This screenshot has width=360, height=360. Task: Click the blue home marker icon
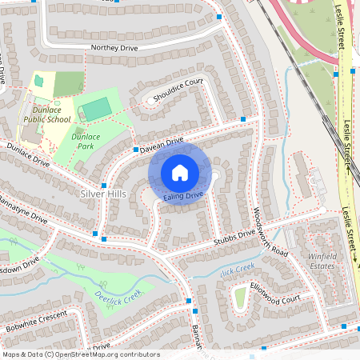[x=180, y=172]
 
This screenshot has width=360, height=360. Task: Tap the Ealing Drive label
[x=184, y=195]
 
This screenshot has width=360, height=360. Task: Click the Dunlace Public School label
[x=47, y=114]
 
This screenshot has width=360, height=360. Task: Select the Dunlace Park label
[x=86, y=142]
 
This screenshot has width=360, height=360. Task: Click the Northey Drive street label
[x=114, y=48]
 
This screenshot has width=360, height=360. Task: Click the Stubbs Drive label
[x=234, y=237]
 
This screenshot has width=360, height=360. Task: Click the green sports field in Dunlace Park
[x=96, y=108]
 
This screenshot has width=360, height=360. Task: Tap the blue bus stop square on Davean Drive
[x=136, y=149]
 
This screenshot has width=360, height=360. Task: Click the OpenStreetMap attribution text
[x=80, y=354]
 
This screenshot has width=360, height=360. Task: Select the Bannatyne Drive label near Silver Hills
[x=24, y=210]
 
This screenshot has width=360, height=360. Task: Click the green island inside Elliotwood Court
[x=240, y=298]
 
